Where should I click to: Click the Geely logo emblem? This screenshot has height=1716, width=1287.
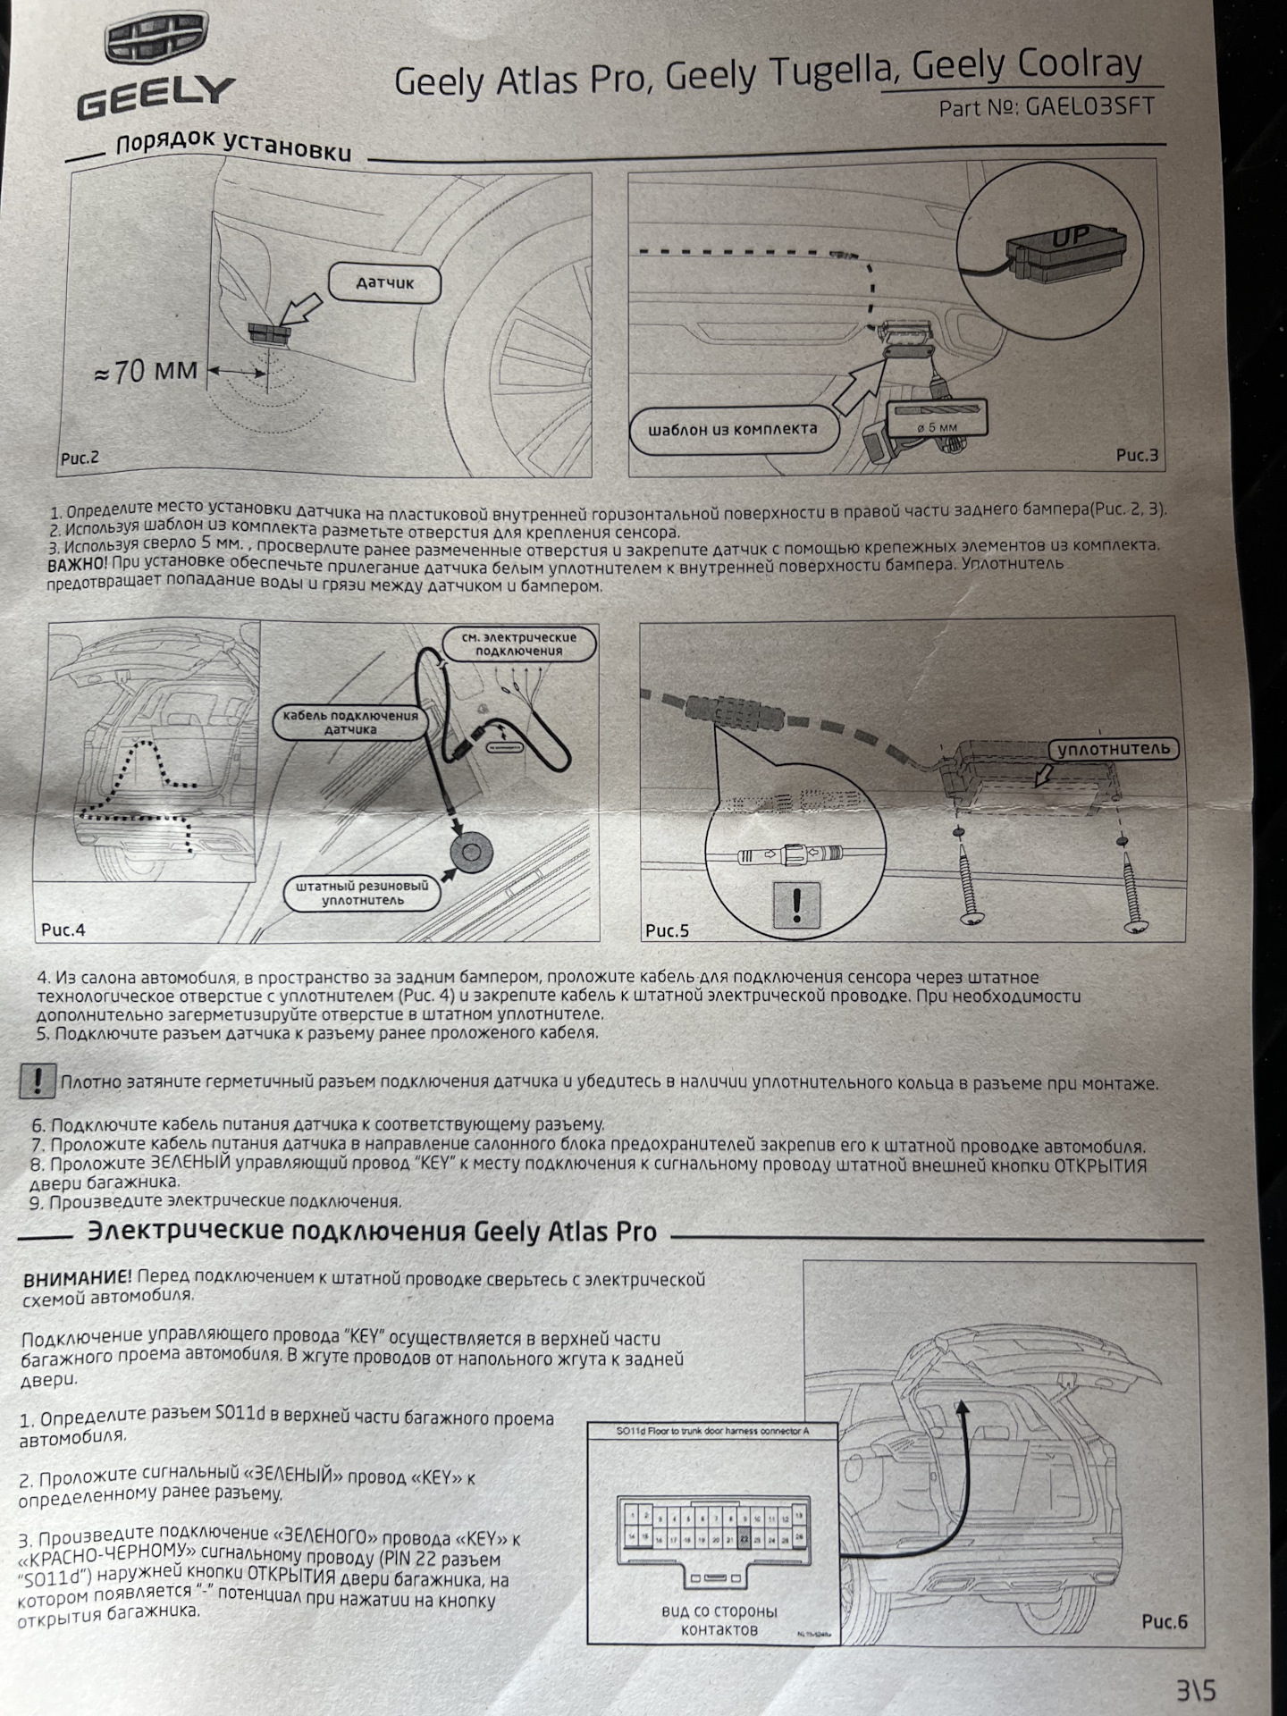click(x=154, y=45)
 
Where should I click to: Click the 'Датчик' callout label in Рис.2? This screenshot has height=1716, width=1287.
click(x=385, y=283)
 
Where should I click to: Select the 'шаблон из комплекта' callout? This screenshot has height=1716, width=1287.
click(x=733, y=429)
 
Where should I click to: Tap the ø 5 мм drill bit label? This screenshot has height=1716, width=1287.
click(x=937, y=426)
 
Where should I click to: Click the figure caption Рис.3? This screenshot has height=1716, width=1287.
click(x=1136, y=456)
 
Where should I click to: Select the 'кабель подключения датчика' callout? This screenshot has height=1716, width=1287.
click(x=349, y=723)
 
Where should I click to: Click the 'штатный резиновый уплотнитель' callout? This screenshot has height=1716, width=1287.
click(x=362, y=893)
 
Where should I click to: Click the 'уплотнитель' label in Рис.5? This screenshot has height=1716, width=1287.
click(x=1113, y=749)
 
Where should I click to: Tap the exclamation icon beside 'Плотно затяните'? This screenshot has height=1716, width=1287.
click(x=37, y=1082)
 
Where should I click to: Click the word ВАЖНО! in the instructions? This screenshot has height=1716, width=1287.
click(x=77, y=565)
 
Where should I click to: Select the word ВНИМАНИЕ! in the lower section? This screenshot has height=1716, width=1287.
click(x=77, y=1279)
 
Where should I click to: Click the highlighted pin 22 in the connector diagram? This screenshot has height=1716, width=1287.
click(x=744, y=1539)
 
